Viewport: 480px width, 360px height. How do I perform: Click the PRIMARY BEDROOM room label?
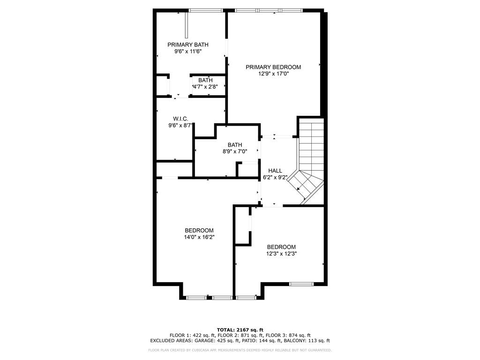[273, 67]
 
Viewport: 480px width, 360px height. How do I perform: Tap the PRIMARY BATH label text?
[188, 45]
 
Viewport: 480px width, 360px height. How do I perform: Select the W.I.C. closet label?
[180, 119]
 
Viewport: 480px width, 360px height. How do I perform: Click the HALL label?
[275, 171]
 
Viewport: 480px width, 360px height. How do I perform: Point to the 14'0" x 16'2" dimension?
[199, 237]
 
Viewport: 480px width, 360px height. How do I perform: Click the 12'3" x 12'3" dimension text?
[281, 254]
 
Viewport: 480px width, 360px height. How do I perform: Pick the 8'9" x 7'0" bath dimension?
[235, 151]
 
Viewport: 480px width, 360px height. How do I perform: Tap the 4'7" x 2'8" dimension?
[205, 87]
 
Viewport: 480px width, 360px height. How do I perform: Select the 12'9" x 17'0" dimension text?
[273, 74]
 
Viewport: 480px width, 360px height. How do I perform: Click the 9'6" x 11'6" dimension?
[188, 52]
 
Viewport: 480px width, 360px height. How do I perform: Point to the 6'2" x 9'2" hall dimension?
[275, 177]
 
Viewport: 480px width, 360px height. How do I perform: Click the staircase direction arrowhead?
[299, 189]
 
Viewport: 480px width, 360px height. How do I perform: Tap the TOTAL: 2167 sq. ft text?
[240, 330]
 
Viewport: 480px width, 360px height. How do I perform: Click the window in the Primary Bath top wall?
[206, 10]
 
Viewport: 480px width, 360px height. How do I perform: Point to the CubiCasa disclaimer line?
[240, 350]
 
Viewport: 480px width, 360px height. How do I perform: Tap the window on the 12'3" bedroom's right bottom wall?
[301, 284]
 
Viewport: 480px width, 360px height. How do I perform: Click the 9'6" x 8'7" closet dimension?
[180, 125]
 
